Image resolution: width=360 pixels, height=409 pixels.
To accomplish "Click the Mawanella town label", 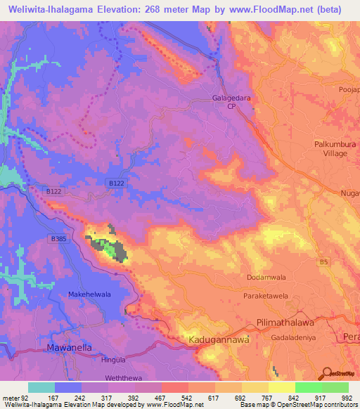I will [70, 348].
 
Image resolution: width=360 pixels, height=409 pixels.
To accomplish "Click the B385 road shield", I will [58, 239].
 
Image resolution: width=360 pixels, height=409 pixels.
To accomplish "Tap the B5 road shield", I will [323, 263].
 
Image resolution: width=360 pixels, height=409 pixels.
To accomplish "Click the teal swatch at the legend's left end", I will [41, 387].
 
